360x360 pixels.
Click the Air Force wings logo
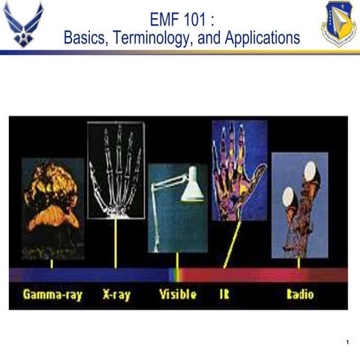(x=23, y=24)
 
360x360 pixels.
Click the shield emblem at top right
(x=338, y=24)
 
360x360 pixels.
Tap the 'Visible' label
(x=178, y=295)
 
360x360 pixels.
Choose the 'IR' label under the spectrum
(x=224, y=295)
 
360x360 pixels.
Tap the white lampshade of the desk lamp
(x=192, y=186)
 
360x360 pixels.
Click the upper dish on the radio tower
(x=310, y=174)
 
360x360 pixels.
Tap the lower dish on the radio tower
(x=288, y=197)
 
